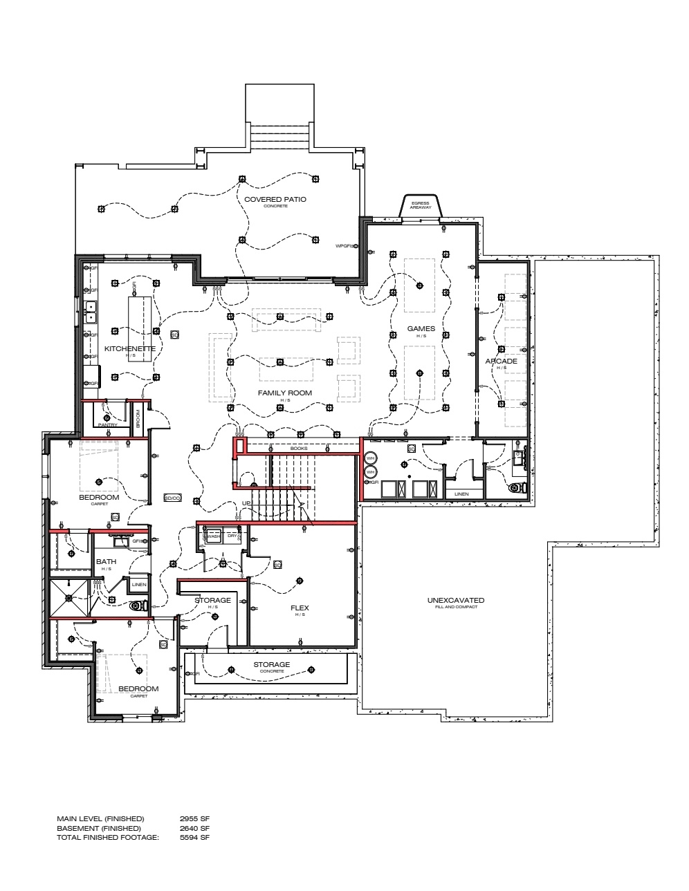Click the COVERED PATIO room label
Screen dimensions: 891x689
[x=275, y=200]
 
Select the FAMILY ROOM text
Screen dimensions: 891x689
[x=284, y=393]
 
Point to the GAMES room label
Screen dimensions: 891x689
[x=421, y=329]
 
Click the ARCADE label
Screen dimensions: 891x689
[x=501, y=362]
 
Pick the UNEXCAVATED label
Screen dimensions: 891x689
[x=455, y=600]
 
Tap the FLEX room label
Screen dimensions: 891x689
[x=300, y=608]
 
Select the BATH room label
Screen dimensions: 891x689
[x=106, y=561]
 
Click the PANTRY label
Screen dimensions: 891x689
[x=107, y=425]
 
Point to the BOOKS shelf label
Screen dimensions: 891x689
[x=298, y=449]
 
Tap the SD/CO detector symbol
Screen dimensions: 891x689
[x=172, y=498]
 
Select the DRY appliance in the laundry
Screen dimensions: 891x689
[x=232, y=536]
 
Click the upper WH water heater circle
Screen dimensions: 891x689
[x=370, y=458]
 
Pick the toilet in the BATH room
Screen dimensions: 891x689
[x=139, y=606]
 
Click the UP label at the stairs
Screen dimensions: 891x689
[x=246, y=503]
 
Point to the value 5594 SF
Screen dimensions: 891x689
[x=194, y=837]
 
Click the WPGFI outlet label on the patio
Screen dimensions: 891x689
[x=344, y=245]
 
